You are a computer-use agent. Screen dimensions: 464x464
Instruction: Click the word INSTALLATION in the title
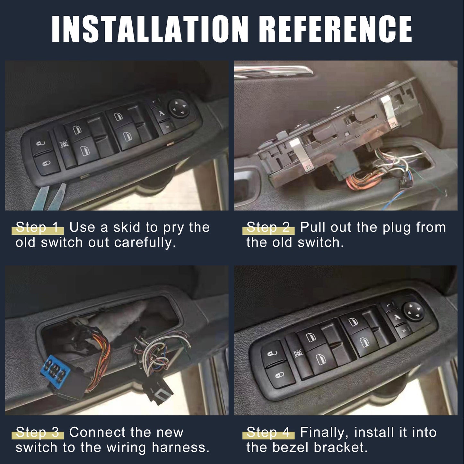(150, 29)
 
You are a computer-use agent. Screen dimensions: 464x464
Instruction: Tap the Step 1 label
(37, 227)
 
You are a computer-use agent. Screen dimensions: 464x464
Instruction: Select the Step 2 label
(268, 227)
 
